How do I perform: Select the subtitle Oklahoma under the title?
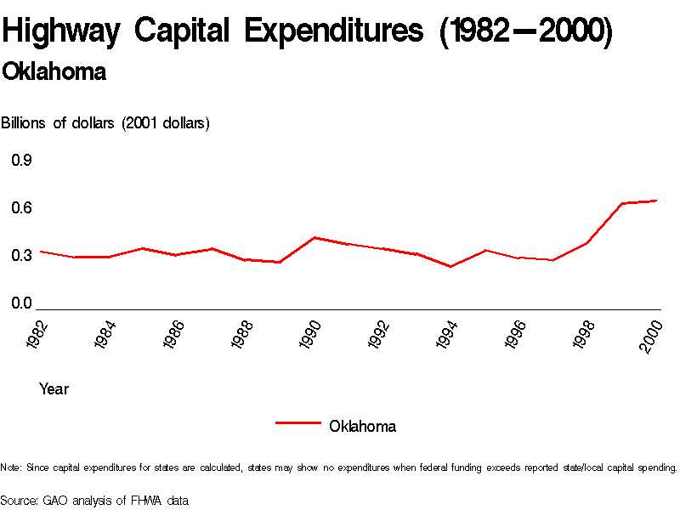coord(54,72)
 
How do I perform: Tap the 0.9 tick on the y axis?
coord(21,161)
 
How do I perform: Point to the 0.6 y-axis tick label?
coord(21,208)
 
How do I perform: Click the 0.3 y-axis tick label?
coord(21,256)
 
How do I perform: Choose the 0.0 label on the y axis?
coord(21,303)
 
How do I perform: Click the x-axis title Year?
coord(54,389)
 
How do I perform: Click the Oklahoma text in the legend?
coord(362,426)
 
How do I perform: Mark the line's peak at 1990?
coord(314,237)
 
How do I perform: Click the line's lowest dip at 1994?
coord(450,267)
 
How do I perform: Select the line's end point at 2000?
coord(656,201)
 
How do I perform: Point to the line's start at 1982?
coord(41,252)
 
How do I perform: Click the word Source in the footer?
coord(19,501)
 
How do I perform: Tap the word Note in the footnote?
coord(11,467)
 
